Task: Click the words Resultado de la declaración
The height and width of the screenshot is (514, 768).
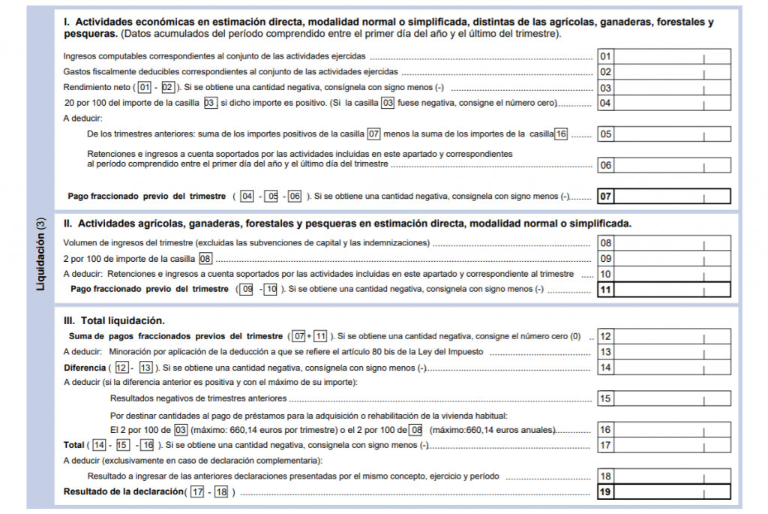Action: (x=123, y=491)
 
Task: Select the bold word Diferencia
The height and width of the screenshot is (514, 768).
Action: (x=84, y=368)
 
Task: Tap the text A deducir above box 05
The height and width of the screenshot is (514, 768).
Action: (x=82, y=118)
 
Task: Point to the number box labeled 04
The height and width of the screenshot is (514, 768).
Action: (x=606, y=104)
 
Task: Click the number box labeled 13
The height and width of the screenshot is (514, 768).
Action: (x=606, y=352)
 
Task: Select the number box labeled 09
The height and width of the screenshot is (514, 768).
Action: (x=606, y=259)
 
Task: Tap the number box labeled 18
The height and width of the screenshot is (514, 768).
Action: (x=606, y=476)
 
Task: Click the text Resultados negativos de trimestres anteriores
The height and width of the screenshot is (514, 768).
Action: (x=199, y=398)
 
